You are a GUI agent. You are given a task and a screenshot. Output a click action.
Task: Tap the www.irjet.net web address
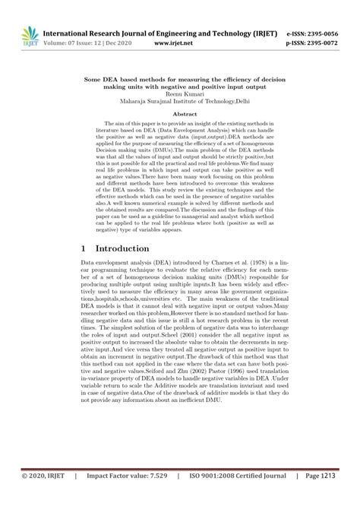[x=176, y=44]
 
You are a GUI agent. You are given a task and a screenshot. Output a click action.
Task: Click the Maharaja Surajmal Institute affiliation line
[x=180, y=100]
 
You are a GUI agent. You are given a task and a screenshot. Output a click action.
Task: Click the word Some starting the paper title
[x=95, y=77]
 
